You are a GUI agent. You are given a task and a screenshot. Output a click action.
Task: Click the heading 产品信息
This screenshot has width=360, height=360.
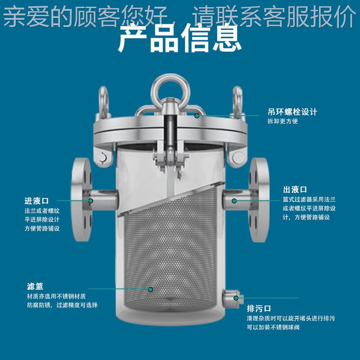coord(180,40)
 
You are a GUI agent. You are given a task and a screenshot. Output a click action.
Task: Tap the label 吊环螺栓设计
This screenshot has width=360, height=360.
coord(292,112)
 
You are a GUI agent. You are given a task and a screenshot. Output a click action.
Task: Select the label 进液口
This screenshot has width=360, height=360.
coord(36,201)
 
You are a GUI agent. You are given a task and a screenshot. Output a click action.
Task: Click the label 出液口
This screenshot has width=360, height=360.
coord(295,189)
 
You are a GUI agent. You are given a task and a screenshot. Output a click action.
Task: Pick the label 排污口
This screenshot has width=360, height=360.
coord(259,309)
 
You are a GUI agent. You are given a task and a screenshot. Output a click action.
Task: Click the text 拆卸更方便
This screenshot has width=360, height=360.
coord(283,121)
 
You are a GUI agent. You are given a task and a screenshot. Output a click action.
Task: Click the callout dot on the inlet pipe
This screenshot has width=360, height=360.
coord(90,201)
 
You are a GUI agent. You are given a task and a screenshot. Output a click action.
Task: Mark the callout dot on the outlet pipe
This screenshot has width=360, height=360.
coord(234,200)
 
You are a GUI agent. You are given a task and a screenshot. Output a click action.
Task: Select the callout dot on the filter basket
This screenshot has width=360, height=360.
coord(151,289)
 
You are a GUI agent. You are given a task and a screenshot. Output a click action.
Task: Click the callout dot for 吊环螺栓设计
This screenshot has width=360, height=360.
coord(197,116)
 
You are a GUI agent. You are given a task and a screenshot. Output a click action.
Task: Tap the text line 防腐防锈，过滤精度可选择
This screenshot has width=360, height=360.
coord(62,305)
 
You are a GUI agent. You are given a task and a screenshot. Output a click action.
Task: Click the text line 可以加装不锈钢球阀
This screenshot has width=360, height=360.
coord(273,327)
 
